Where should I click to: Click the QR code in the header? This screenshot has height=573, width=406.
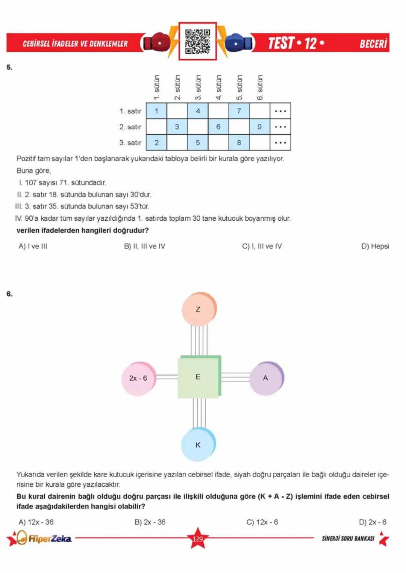[197, 41]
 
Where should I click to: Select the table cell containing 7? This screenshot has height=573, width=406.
[239, 111]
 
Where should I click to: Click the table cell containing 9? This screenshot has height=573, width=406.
[259, 127]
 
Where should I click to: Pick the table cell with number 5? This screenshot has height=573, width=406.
[198, 143]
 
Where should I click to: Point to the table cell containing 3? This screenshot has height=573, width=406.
[177, 127]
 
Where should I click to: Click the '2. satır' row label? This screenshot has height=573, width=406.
[130, 127]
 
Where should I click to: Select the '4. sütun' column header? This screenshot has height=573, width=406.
[218, 87]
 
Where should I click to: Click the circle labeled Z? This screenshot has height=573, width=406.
[198, 309]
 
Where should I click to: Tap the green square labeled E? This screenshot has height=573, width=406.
[198, 377]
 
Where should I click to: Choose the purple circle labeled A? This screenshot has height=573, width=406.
[265, 378]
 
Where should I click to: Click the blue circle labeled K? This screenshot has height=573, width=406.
[198, 445]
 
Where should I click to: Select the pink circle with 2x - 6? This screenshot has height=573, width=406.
[138, 378]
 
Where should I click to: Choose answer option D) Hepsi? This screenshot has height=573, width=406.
[375, 246]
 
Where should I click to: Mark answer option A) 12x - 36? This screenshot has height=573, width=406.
[36, 522]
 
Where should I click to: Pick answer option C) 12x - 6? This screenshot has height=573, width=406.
[262, 522]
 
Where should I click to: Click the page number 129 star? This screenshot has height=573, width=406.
[198, 538]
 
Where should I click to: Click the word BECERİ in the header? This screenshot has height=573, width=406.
[373, 44]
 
